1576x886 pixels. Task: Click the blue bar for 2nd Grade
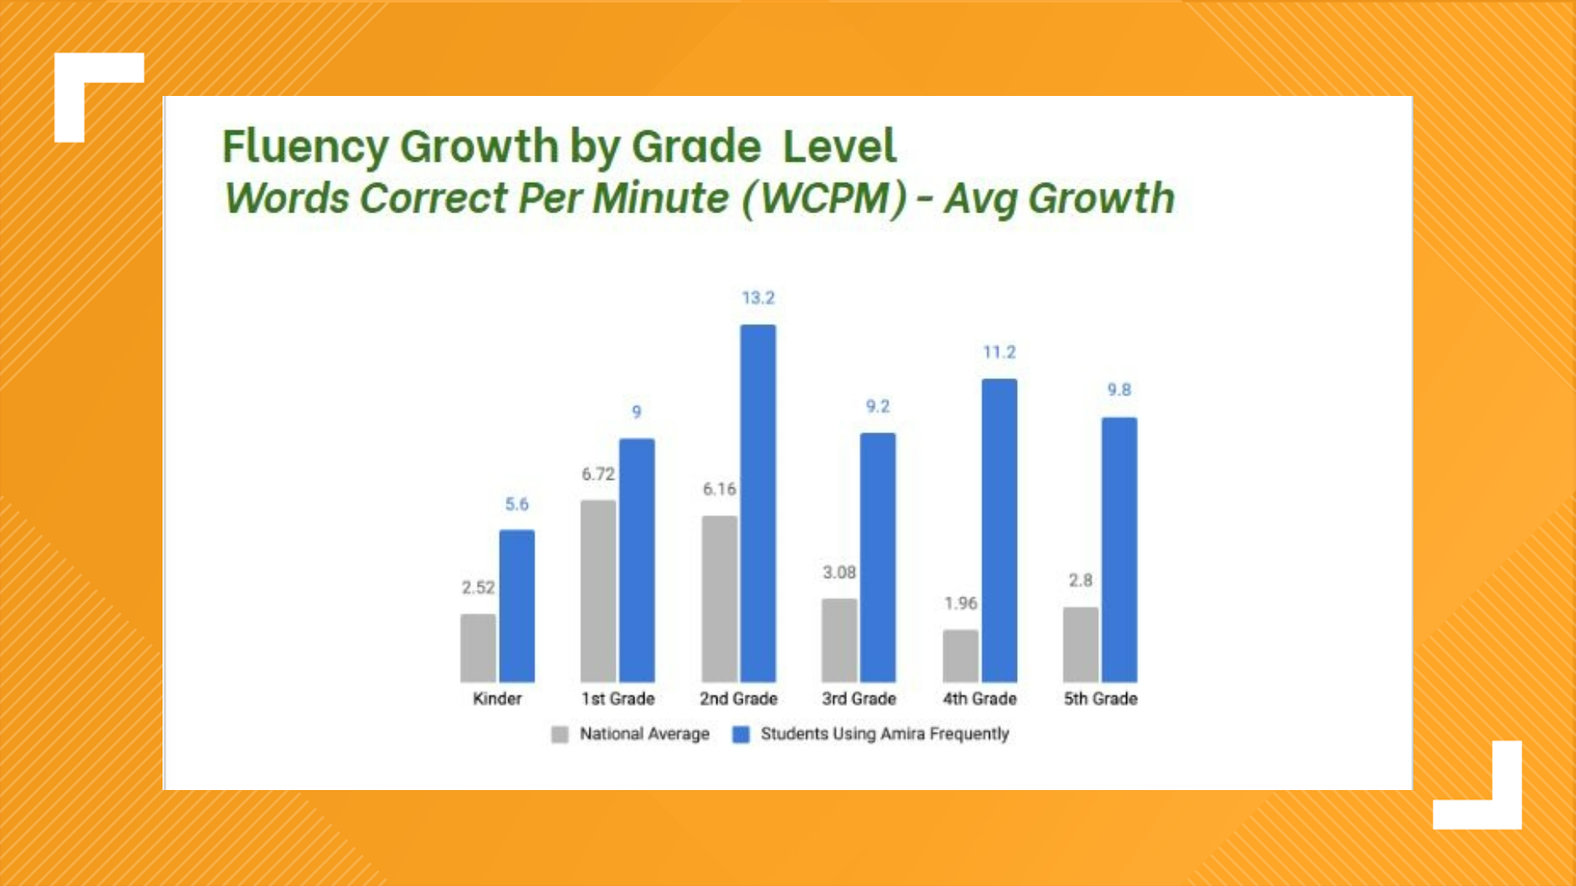(x=758, y=503)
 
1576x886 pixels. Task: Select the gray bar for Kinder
(x=478, y=648)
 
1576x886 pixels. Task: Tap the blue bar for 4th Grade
(x=999, y=530)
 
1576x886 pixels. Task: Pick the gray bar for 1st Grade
(x=598, y=591)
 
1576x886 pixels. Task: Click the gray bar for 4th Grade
(x=960, y=655)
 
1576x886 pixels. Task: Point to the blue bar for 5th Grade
(x=1119, y=550)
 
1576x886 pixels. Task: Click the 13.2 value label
(x=758, y=298)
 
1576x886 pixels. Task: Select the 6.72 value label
(x=598, y=474)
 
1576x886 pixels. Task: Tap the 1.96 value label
(x=960, y=604)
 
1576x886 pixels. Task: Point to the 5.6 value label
(x=516, y=505)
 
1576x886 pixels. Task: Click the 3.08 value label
(x=839, y=573)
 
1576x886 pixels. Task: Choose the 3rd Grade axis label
(x=859, y=699)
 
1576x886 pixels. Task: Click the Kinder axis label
(x=497, y=699)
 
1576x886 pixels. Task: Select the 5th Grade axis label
(x=1100, y=699)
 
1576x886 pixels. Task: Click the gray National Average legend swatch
(x=560, y=734)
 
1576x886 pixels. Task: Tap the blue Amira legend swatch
(x=740, y=734)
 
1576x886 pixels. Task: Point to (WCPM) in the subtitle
(x=824, y=199)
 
